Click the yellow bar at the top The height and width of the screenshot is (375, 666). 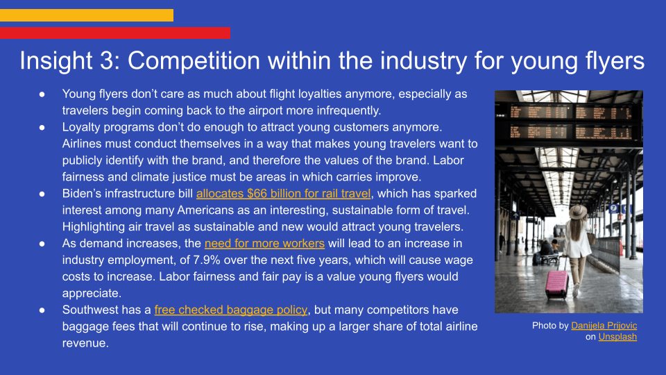(x=87, y=15)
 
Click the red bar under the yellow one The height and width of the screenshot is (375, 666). (x=115, y=33)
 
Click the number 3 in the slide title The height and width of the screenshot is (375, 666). (x=107, y=60)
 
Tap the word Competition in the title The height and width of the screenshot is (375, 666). (x=194, y=61)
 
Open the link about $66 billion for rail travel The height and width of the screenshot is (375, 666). (x=283, y=194)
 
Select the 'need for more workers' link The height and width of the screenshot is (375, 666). (x=264, y=243)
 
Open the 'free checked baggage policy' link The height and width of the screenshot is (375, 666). (x=230, y=310)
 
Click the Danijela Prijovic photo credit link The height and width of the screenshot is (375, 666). (x=604, y=326)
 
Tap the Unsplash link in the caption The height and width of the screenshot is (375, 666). (x=617, y=337)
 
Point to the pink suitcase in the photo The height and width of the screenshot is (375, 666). (x=556, y=283)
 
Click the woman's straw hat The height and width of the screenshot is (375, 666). (x=578, y=212)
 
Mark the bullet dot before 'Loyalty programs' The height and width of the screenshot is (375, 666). (x=42, y=127)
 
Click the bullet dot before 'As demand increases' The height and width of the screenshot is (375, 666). (x=42, y=244)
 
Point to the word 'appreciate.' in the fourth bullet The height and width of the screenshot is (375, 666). (x=92, y=294)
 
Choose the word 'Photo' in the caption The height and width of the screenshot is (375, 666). (x=544, y=326)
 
